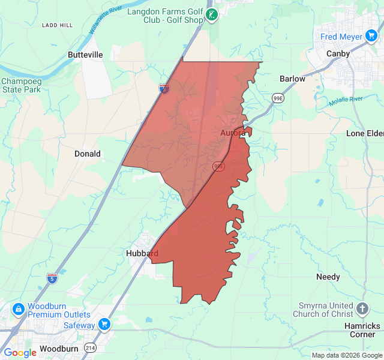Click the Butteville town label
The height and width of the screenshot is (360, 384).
pyautogui.click(x=85, y=55)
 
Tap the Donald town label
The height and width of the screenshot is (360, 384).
pyautogui.click(x=87, y=154)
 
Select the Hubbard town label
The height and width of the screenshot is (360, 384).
pyautogui.click(x=142, y=253)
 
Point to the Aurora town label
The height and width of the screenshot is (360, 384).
pyautogui.click(x=232, y=132)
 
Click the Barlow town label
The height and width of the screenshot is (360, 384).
pyautogui.click(x=292, y=79)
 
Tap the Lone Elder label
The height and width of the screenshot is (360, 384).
pyautogui.click(x=364, y=133)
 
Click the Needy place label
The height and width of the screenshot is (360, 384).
pyautogui.click(x=328, y=277)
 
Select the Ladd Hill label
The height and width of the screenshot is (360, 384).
pyautogui.click(x=57, y=25)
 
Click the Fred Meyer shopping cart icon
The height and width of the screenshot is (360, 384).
pyautogui.click(x=373, y=37)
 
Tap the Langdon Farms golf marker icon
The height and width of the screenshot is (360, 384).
pyautogui.click(x=211, y=14)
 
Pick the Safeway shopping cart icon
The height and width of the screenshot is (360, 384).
pyautogui.click(x=105, y=325)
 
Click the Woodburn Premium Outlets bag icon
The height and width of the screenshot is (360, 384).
pyautogui.click(x=19, y=310)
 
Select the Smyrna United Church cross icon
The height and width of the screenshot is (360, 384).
pyautogui.click(x=362, y=309)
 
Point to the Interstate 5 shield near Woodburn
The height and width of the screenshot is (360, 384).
pyautogui.click(x=52, y=278)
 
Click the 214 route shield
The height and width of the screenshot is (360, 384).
pyautogui.click(x=90, y=348)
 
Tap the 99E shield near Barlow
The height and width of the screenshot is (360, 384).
pyautogui.click(x=278, y=98)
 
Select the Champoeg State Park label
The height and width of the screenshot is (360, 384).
pyautogui.click(x=20, y=85)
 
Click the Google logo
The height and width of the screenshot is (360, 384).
pyautogui.click(x=20, y=353)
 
